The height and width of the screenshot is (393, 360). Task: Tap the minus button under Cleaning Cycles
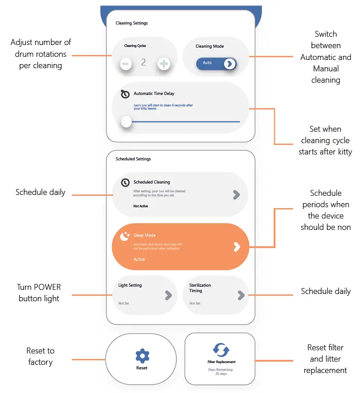tap(127, 64)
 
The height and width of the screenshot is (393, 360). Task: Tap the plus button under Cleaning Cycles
tap(163, 64)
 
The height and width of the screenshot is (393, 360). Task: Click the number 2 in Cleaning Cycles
tap(144, 62)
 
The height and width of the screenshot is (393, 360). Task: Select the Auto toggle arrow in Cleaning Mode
tap(230, 64)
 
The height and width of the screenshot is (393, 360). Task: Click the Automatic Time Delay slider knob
tap(126, 121)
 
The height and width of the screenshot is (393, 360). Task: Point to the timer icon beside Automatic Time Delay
tap(125, 94)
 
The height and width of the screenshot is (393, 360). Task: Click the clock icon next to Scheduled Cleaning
tap(125, 182)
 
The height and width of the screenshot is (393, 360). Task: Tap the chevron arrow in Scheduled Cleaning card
tap(236, 195)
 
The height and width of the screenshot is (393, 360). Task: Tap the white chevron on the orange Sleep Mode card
tap(236, 247)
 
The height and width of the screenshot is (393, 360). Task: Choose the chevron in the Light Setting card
tap(168, 295)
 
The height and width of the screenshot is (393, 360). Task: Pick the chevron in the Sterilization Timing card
tap(241, 295)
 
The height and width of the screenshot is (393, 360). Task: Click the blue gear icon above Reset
tap(142, 356)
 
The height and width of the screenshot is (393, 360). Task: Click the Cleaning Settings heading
tap(132, 23)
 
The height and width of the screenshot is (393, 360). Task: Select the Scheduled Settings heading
tap(133, 159)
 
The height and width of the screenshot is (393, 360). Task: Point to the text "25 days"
tap(221, 374)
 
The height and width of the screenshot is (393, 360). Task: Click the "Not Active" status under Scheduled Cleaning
tap(140, 206)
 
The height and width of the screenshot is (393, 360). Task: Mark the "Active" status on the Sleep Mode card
tap(139, 259)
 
